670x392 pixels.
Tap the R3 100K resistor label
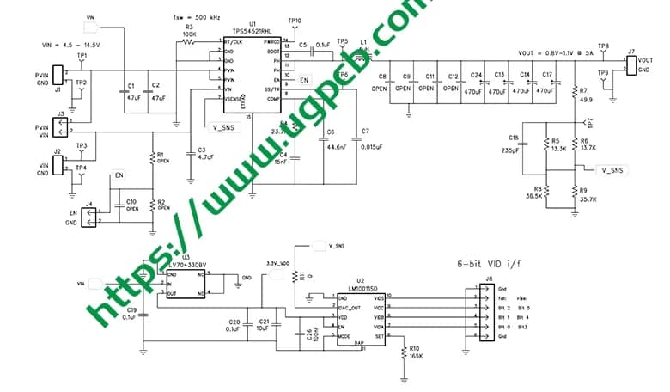coord(189,30)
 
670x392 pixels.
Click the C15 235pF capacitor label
coord(515,143)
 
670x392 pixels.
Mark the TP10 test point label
coord(295,20)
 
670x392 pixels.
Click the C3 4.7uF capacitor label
coord(204,154)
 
